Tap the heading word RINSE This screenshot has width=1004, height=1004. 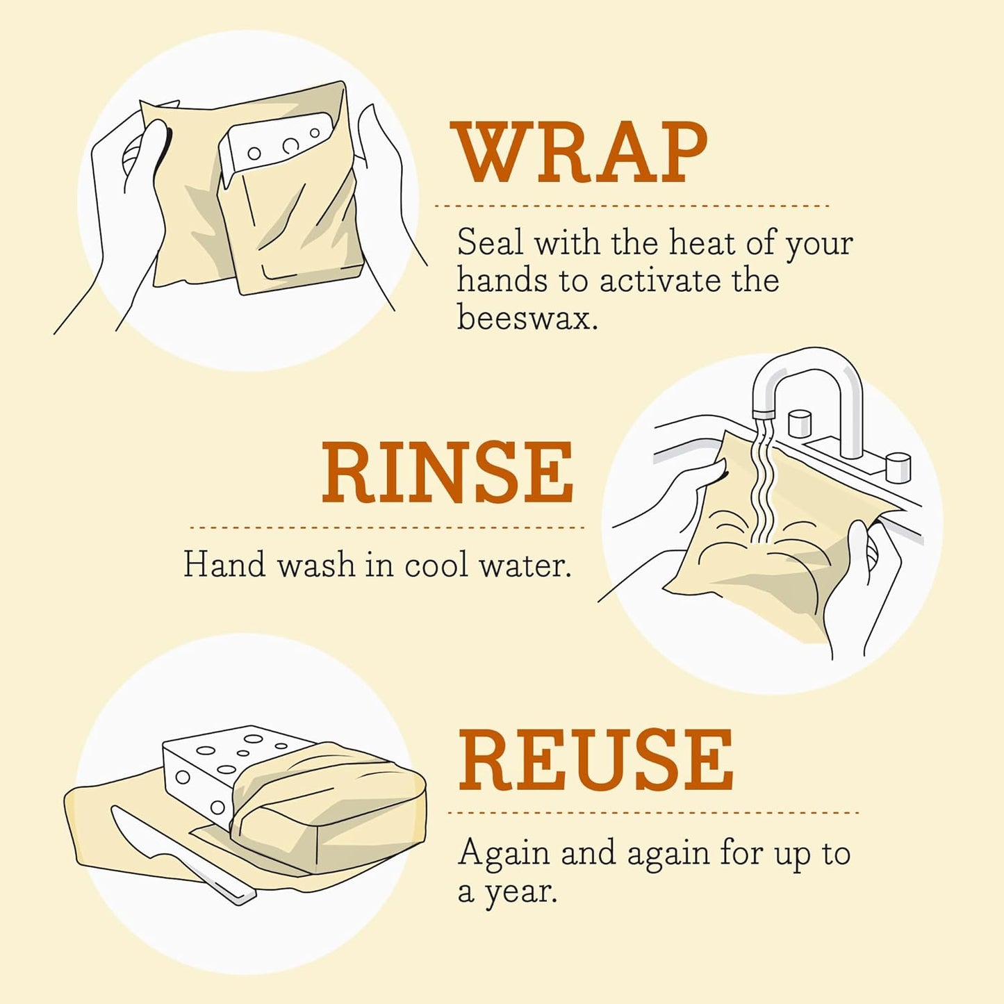coord(447,472)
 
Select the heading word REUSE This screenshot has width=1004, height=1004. coord(595,761)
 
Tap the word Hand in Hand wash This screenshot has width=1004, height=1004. coord(224,564)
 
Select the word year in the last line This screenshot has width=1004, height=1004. coord(520,891)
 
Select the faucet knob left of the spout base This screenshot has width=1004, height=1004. coord(800,423)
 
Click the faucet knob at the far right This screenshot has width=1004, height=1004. coord(898,466)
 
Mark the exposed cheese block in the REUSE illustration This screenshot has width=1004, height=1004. coord(222,764)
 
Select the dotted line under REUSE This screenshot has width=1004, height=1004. coord(653,812)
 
